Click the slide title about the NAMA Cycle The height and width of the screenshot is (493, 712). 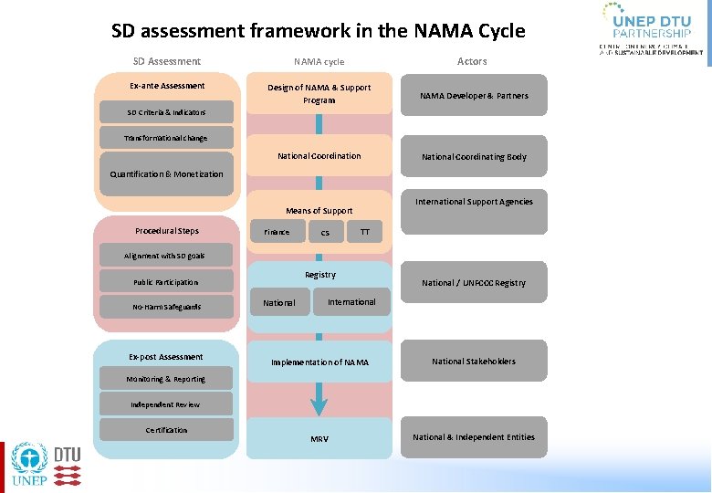tap(318, 31)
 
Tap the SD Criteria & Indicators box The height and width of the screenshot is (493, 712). tap(166, 112)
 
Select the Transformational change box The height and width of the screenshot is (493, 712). tap(166, 138)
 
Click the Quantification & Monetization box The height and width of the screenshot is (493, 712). tap(166, 173)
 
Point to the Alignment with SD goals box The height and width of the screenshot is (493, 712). tap(166, 256)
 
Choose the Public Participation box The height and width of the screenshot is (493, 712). tap(166, 282)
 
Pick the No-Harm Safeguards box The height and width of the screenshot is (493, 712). tap(166, 307)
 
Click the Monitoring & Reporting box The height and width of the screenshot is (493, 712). tap(166, 379)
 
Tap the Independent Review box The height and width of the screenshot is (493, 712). tap(166, 404)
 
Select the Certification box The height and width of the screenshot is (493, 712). tap(166, 430)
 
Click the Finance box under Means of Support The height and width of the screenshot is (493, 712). tap(277, 232)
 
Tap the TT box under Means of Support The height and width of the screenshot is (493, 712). tap(365, 232)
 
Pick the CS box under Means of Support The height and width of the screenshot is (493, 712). tap(325, 233)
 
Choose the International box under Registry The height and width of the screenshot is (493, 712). tap(351, 302)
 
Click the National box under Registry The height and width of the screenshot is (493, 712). tap(279, 303)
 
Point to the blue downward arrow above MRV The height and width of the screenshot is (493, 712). tap(319, 399)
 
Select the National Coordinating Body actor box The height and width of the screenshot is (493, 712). tap(474, 157)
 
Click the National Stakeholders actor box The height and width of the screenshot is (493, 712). tap(474, 362)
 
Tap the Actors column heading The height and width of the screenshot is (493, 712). tap(472, 61)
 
